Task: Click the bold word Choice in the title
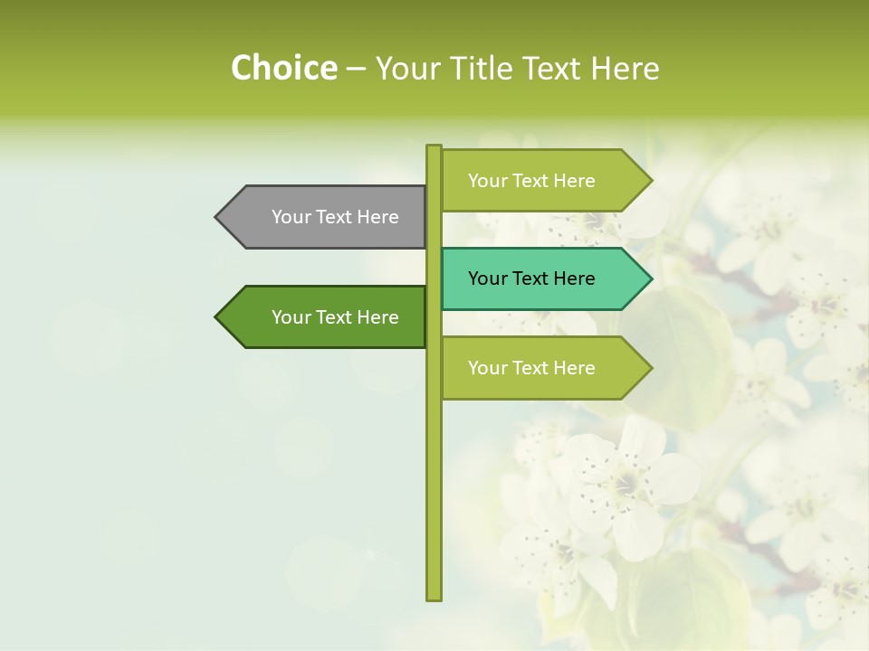[x=283, y=68]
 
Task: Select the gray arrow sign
[x=321, y=217]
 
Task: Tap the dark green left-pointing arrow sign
[x=321, y=317]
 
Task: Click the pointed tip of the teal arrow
[x=650, y=278]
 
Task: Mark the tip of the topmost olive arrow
[x=650, y=181]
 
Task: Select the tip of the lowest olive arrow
[x=650, y=368]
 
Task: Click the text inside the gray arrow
[x=335, y=217]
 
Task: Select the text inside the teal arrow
[x=531, y=278]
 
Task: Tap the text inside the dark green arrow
[x=335, y=317]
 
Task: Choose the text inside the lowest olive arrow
[x=531, y=368]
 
